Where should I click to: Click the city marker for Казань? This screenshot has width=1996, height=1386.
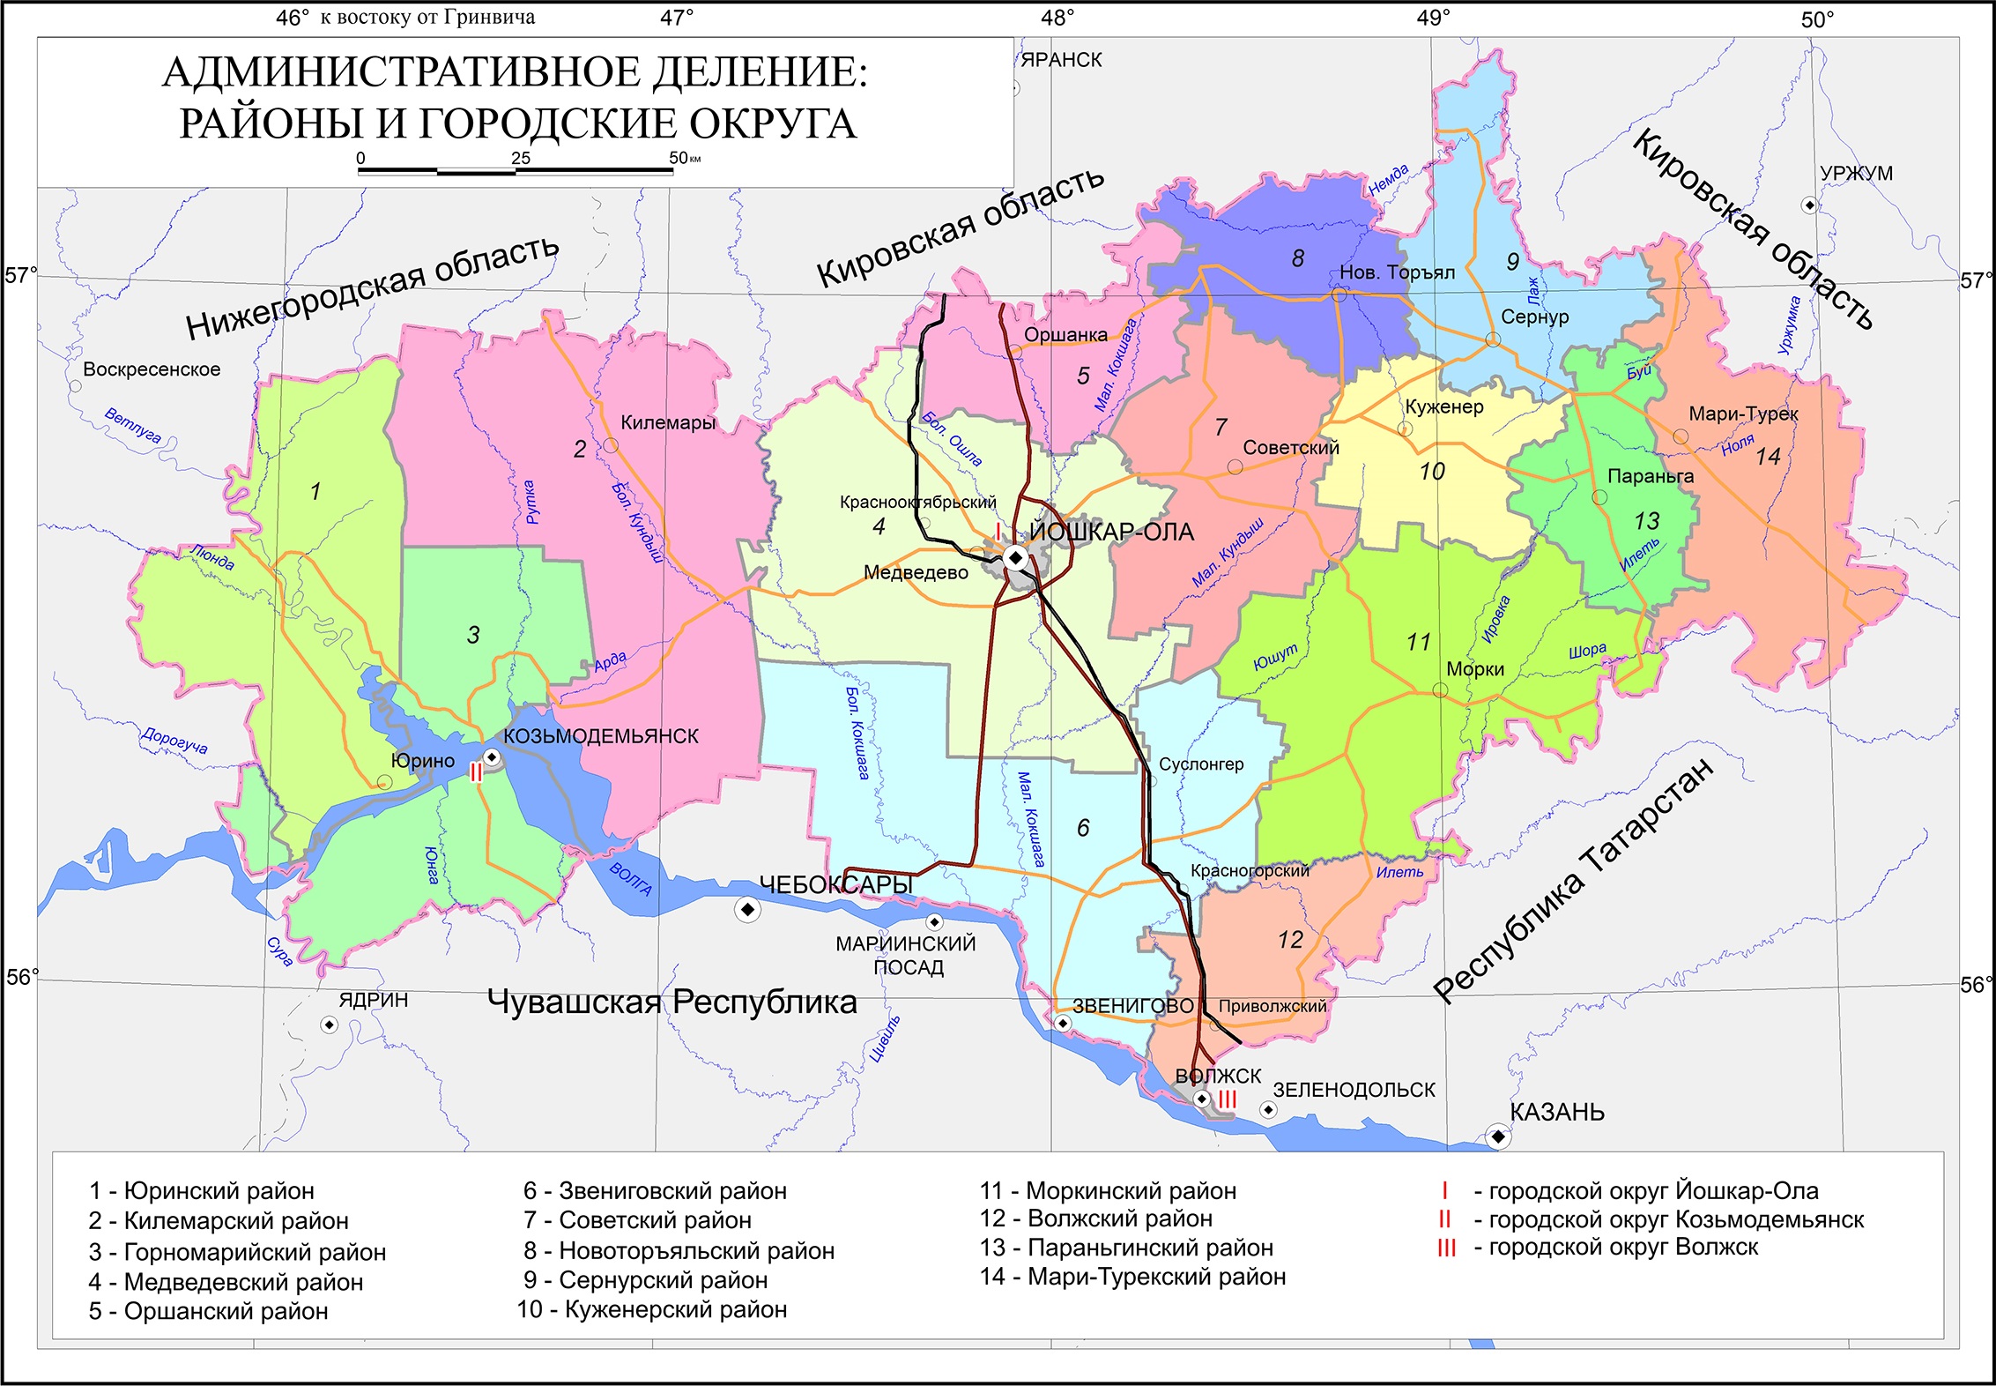point(1497,1136)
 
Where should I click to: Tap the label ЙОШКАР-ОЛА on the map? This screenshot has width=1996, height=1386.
point(1111,533)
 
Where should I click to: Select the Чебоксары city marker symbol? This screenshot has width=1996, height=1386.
point(747,909)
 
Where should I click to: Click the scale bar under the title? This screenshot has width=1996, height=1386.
point(516,171)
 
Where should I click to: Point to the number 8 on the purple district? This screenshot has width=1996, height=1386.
point(1297,258)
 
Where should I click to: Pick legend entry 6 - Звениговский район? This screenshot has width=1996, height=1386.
point(655,1191)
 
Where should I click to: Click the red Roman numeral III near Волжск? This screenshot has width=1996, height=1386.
point(1228,1099)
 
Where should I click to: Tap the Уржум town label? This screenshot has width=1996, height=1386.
point(1856,174)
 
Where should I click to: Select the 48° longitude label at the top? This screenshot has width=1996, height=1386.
point(1057,19)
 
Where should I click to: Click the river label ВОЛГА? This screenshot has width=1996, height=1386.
point(631,879)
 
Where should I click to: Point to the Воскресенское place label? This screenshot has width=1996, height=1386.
point(152,369)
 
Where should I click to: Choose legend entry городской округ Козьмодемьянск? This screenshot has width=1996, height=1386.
point(1675,1220)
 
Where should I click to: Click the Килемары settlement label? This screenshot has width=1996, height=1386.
point(668,422)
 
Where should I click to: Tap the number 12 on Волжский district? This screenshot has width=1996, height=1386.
point(1289,940)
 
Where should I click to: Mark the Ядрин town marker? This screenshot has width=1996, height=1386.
point(329,1025)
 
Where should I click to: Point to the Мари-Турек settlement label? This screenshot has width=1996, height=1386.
point(1743,414)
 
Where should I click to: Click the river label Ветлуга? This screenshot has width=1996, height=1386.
point(132,425)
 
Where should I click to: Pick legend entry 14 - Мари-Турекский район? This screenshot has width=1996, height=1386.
point(1132,1277)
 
